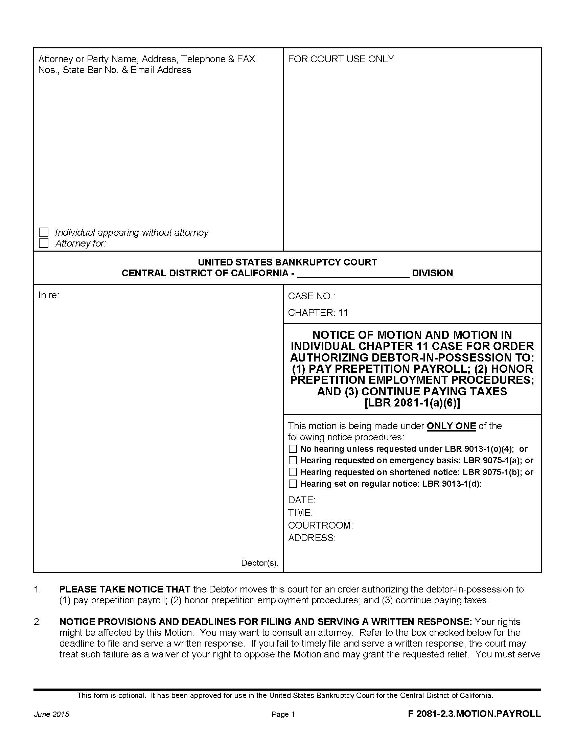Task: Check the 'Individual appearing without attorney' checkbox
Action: click(x=44, y=232)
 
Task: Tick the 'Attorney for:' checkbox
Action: click(x=44, y=243)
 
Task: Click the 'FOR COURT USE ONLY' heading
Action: click(x=341, y=59)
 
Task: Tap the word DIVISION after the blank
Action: click(x=432, y=273)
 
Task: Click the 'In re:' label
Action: click(x=49, y=295)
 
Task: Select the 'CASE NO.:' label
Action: click(x=311, y=296)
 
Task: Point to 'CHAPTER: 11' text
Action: click(x=318, y=312)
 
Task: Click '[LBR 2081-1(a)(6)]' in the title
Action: click(x=412, y=403)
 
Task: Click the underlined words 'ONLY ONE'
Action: click(x=451, y=426)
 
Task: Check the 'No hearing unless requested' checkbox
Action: click(x=293, y=449)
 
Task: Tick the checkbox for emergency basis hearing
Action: click(x=293, y=460)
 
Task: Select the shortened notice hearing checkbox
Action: click(x=293, y=472)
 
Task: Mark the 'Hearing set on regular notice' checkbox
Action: click(x=293, y=483)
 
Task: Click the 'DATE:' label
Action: click(x=301, y=500)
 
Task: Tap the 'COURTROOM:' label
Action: click(x=320, y=525)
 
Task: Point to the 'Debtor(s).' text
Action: click(x=259, y=563)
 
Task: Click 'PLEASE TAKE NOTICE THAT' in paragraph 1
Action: click(x=125, y=589)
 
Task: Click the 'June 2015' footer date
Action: click(x=51, y=714)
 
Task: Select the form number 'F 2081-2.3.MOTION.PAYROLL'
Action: click(x=474, y=714)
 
